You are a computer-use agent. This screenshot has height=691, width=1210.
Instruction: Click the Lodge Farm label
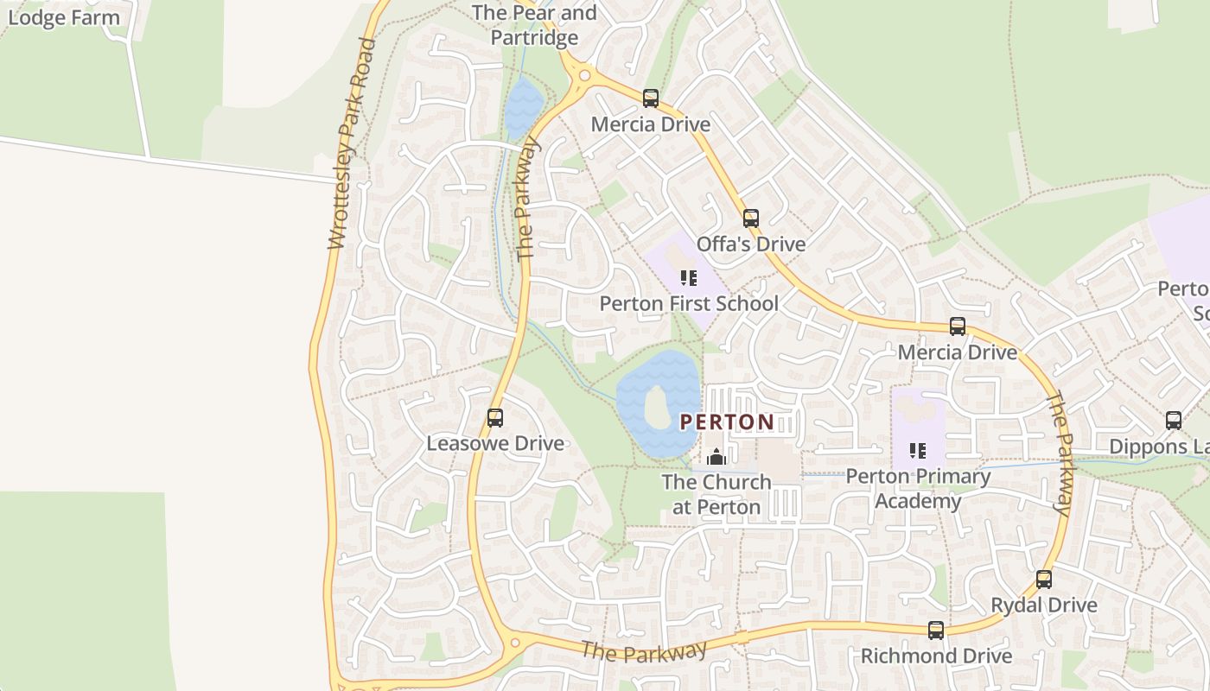(62, 17)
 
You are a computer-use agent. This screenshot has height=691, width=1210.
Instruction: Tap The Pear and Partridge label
(534, 25)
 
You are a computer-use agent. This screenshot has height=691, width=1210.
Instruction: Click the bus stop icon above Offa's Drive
(750, 219)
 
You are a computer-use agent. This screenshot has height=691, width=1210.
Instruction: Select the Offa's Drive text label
(750, 244)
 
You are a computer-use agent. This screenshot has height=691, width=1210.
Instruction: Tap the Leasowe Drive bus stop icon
(494, 418)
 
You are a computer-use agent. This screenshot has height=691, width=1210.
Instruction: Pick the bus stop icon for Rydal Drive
(1043, 580)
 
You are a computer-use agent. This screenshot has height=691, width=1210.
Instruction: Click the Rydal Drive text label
(1043, 605)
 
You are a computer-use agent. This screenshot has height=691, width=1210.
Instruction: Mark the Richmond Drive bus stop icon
(935, 631)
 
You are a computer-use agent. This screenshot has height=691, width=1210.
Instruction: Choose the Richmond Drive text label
(935, 656)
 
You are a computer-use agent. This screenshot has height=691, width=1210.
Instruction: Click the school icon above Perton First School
(688, 278)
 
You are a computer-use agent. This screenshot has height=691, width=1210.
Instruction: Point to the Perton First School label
(688, 304)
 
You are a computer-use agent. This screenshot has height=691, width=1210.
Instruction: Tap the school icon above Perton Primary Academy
(917, 451)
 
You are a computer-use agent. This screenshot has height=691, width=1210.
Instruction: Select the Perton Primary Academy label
(917, 488)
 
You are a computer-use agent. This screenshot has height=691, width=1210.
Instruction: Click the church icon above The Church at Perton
(716, 457)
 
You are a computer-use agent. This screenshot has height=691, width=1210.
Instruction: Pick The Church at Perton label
(716, 494)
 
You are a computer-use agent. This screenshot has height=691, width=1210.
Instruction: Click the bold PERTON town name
(727, 422)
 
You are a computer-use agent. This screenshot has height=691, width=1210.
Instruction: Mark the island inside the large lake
(657, 406)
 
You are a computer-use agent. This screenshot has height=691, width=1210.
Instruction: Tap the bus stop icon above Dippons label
(1173, 421)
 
